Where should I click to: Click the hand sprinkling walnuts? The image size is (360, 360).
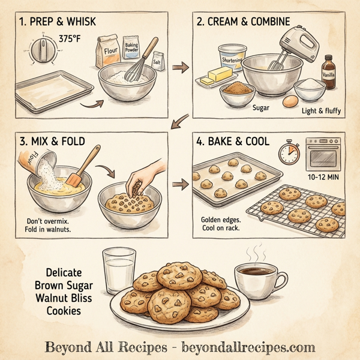pyautogui.click(x=146, y=173)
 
